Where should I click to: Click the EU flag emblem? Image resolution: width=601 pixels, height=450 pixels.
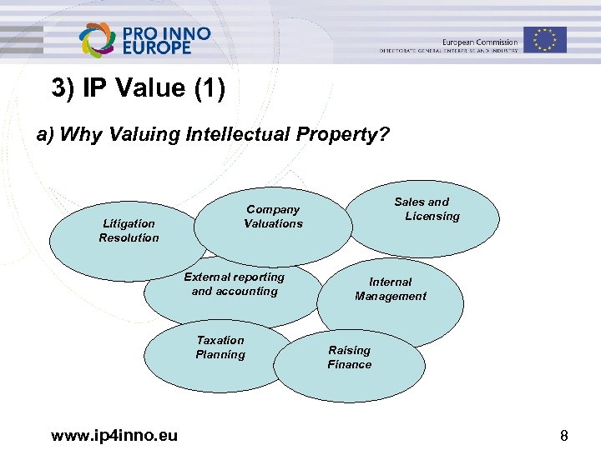(x=545, y=39)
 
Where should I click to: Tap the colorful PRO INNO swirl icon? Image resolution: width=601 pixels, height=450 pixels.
(x=97, y=40)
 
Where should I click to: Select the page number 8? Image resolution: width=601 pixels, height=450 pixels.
(x=564, y=436)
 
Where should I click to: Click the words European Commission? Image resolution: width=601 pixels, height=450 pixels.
(x=479, y=42)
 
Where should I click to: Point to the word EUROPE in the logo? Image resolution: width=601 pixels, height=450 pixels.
(x=157, y=48)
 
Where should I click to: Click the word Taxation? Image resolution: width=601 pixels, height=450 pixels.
(x=220, y=340)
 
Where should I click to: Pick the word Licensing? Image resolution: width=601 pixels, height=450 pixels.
(x=432, y=216)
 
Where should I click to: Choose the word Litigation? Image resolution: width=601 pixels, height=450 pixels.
(x=129, y=223)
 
